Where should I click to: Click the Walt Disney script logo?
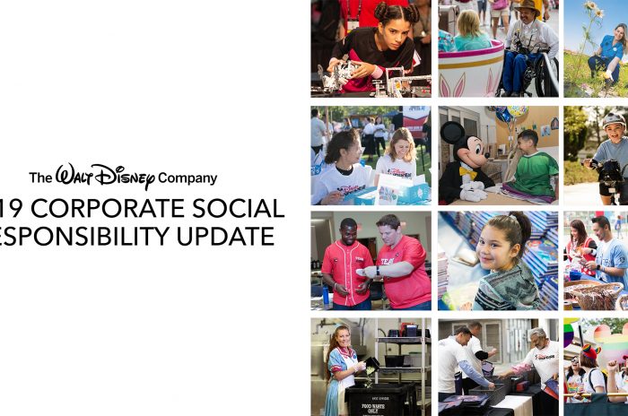tap(104, 176)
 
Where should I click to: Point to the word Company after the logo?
tap(186, 178)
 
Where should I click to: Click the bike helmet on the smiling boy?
tap(614, 120)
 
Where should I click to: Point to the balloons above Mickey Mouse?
tap(512, 114)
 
